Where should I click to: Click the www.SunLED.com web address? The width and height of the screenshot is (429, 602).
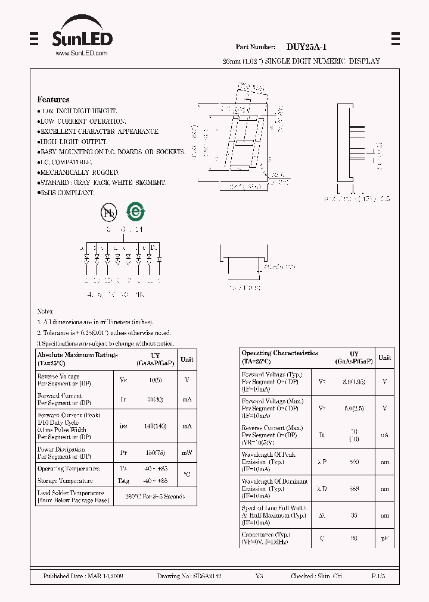point(81,54)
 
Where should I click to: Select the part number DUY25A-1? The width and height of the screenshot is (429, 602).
point(306,47)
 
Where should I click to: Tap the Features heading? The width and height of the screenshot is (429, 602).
point(53,100)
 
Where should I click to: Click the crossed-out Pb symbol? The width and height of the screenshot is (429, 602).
point(108,212)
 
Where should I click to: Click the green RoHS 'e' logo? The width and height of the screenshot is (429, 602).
point(136,212)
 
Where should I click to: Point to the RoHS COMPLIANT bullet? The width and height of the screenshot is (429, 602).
point(67,193)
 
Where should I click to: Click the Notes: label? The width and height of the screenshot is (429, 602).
point(45,311)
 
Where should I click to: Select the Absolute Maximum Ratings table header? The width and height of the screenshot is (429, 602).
point(77,359)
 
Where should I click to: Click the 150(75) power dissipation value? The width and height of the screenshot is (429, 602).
point(156,453)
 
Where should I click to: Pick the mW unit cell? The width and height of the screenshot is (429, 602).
point(187,453)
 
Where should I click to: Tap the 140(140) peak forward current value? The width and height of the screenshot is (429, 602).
point(156,426)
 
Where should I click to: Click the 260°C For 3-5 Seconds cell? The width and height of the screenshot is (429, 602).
point(154,496)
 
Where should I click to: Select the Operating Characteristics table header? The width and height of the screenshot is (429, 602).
point(280,357)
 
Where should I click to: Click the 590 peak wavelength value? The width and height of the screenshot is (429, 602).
point(355,462)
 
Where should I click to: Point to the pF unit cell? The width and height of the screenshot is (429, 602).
point(384,538)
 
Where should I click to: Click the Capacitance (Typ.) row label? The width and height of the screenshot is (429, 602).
point(266,535)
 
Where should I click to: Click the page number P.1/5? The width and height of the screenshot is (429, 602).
point(378,577)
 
